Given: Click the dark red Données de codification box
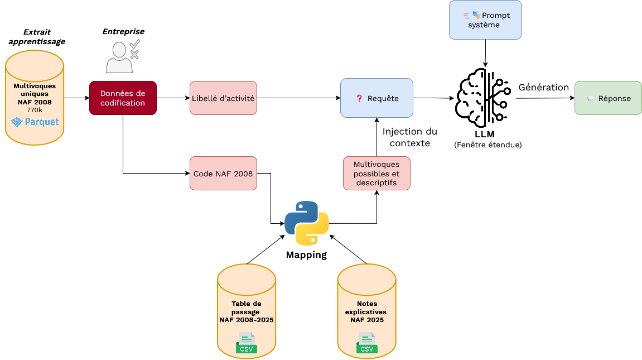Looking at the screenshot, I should (x=123, y=98).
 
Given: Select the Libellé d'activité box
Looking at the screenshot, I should (x=223, y=98).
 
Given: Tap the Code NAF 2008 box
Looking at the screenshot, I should (x=223, y=174).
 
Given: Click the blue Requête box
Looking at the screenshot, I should (x=377, y=98).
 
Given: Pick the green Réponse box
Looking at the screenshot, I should (x=608, y=98).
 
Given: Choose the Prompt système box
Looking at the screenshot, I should (x=486, y=20).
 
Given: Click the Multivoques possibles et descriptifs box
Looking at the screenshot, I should (x=376, y=173).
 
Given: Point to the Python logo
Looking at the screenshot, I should (x=307, y=223).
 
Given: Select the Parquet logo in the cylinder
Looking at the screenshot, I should (x=35, y=122).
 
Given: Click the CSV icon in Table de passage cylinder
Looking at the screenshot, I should (x=246, y=343).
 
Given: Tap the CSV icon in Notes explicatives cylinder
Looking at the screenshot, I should (x=366, y=343).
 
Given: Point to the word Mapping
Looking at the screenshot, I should (x=306, y=255).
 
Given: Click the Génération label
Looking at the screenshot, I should (x=543, y=87).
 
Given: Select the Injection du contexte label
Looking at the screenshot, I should (x=410, y=137).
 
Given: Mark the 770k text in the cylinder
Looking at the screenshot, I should (x=35, y=110).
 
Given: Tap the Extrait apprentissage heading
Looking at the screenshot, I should (x=37, y=37).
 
